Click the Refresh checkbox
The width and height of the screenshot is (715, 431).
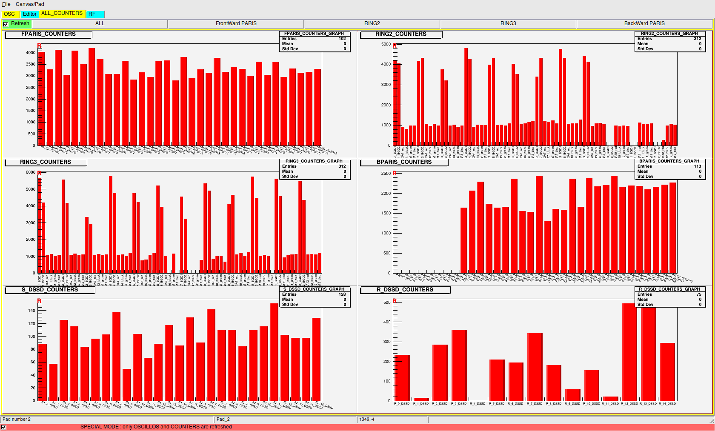[6, 24]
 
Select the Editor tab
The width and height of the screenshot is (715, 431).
[29, 14]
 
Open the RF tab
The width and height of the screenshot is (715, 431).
[92, 14]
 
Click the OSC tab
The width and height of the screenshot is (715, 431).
[9, 14]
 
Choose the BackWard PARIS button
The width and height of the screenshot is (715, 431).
[644, 23]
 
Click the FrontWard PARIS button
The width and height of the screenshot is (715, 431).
[236, 23]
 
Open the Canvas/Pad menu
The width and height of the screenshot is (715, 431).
[30, 4]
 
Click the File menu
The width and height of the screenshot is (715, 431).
[6, 4]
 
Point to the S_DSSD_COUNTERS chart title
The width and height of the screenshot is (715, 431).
[50, 290]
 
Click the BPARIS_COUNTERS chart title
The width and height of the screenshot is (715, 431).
[404, 162]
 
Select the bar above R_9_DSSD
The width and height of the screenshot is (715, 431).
[572, 394]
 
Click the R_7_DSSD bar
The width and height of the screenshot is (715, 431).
[535, 366]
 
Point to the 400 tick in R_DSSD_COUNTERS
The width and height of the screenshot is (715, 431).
[387, 322]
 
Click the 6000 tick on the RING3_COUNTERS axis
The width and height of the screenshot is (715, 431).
[31, 172]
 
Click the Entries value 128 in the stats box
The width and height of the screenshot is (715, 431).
[342, 294]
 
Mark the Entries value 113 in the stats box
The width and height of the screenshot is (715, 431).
[698, 166]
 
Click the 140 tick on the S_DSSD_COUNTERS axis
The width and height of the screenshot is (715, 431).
[32, 311]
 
